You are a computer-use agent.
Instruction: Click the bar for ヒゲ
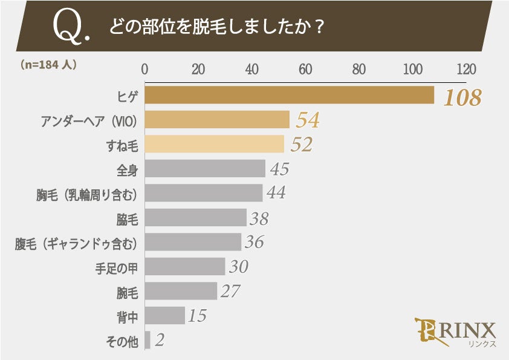tap(289, 96)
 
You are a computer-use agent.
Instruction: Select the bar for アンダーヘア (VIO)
tap(217, 120)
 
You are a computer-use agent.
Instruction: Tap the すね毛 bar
tap(214, 144)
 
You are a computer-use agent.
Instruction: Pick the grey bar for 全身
tap(205, 169)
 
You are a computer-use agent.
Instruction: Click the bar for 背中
tap(164, 315)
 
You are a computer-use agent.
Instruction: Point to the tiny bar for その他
tap(148, 339)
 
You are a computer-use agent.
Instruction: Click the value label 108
tap(462, 97)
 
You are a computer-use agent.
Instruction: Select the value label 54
tap(306, 121)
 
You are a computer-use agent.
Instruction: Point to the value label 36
tap(254, 243)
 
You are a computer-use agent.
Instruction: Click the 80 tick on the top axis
tap(359, 68)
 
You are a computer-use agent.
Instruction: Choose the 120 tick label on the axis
tap(466, 68)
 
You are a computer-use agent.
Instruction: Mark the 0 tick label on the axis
tap(144, 68)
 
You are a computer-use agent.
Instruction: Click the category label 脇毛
tap(127, 218)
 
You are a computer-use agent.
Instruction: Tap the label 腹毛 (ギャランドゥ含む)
tap(79, 243)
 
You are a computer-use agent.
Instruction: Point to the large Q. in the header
tap(72, 27)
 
